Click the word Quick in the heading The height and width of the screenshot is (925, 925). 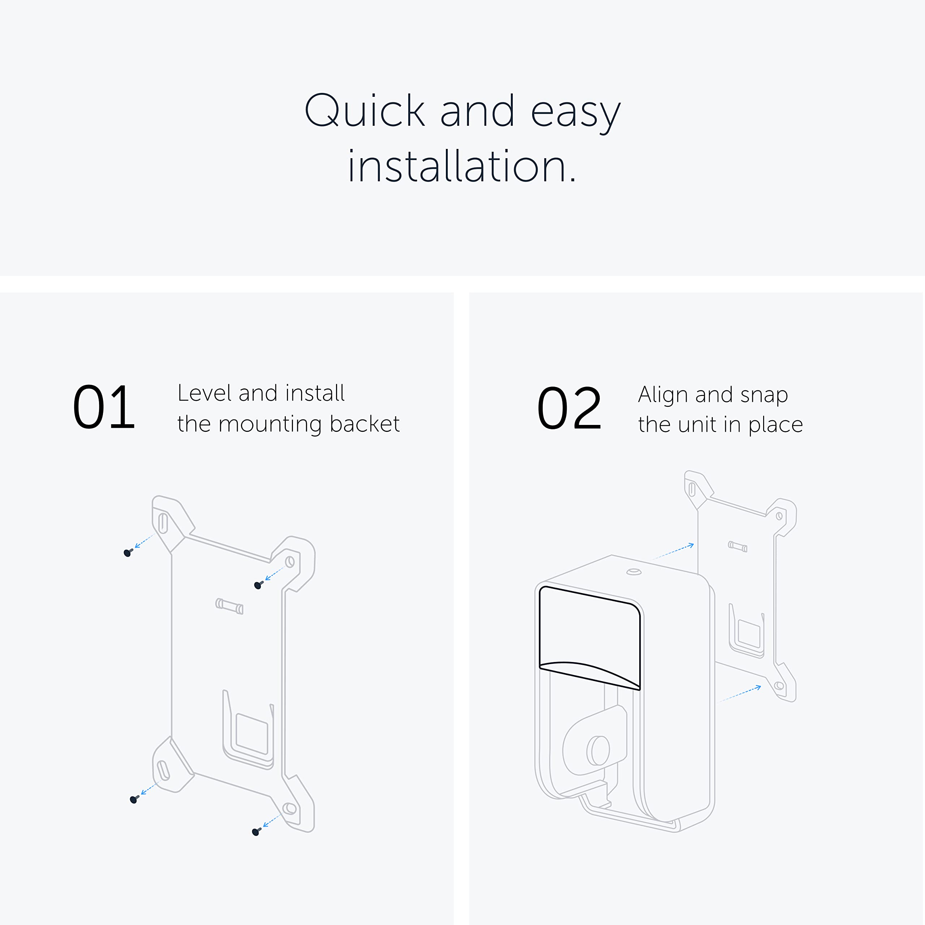point(365,111)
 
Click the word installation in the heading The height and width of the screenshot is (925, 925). point(462,167)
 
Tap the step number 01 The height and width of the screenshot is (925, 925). point(104,408)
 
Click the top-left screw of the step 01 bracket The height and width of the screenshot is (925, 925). point(128,553)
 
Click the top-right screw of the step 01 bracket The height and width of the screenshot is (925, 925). point(258,585)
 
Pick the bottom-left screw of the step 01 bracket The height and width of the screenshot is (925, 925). point(134,800)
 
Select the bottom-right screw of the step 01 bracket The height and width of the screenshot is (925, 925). point(256,832)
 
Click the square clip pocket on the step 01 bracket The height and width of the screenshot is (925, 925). point(251,734)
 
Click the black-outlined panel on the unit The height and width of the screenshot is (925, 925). point(589,632)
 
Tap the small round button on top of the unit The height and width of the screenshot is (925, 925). point(634,572)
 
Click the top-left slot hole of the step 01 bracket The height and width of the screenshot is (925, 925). point(163,523)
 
